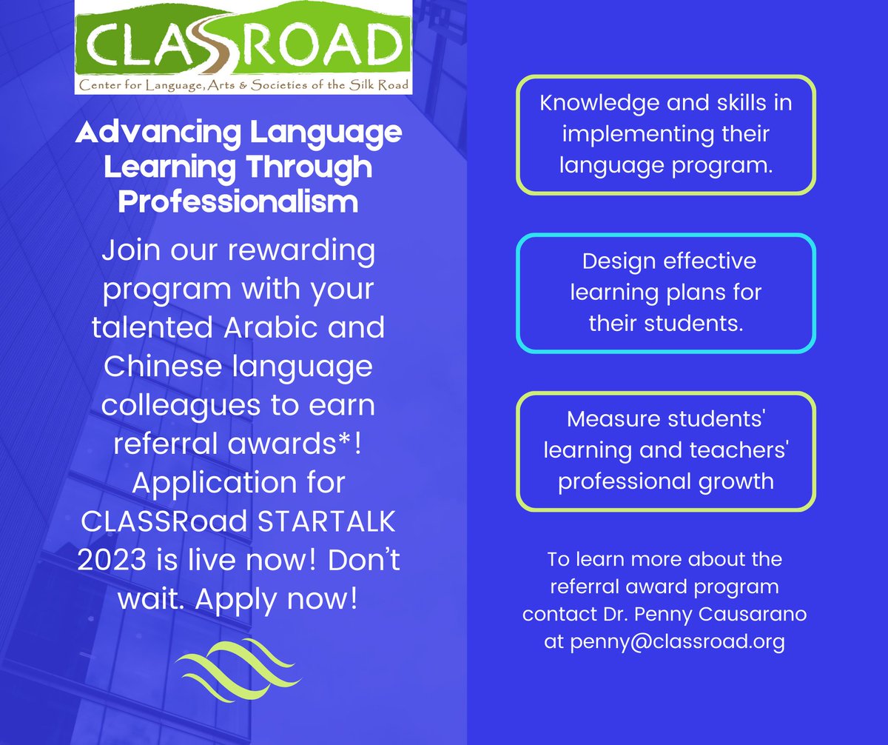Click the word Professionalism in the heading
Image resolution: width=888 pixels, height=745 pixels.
(x=238, y=201)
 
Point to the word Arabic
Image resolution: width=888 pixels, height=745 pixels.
(x=284, y=327)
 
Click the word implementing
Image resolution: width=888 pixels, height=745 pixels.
(x=639, y=135)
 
